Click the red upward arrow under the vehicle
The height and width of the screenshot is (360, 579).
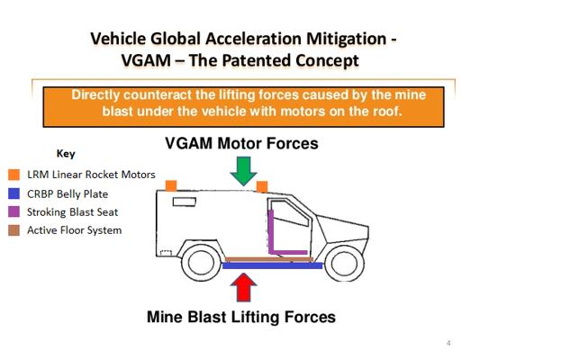coord(242,286)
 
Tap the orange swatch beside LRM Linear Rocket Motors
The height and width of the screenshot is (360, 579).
coord(14,175)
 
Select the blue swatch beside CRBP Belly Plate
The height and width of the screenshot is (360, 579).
coord(14,193)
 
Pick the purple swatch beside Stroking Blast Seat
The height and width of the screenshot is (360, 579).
coord(14,211)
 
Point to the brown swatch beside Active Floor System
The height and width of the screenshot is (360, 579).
coord(14,230)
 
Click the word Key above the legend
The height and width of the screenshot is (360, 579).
coord(66,154)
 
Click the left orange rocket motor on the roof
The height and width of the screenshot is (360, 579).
coord(171,185)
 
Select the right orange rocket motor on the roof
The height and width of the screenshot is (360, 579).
coord(261,186)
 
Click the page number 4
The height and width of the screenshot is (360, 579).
coord(448,344)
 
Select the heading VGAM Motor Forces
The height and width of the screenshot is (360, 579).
coord(240,144)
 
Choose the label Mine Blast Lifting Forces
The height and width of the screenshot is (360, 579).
coord(240,317)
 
